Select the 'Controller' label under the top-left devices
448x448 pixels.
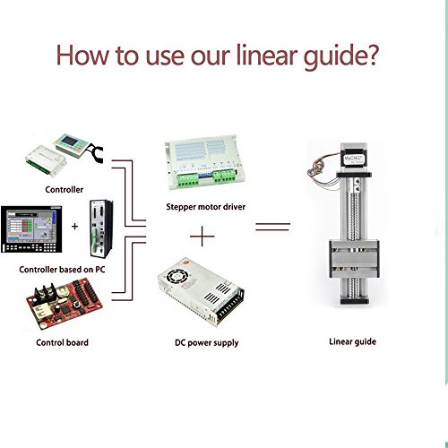coord(65,189)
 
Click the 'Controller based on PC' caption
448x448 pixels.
coord(62,270)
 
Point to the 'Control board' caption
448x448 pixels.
coord(62,342)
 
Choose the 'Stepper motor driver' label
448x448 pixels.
coord(206,207)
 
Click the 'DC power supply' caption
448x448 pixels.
coord(207,343)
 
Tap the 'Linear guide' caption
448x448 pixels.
coord(352,341)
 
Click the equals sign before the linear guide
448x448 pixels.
coord(272,227)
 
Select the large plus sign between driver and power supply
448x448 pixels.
coord(202,237)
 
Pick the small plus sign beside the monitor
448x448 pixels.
coord(74,227)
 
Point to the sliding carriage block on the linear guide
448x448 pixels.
coord(354,259)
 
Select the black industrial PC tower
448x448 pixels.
coord(101,228)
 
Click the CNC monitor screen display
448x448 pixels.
coord(31,229)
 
